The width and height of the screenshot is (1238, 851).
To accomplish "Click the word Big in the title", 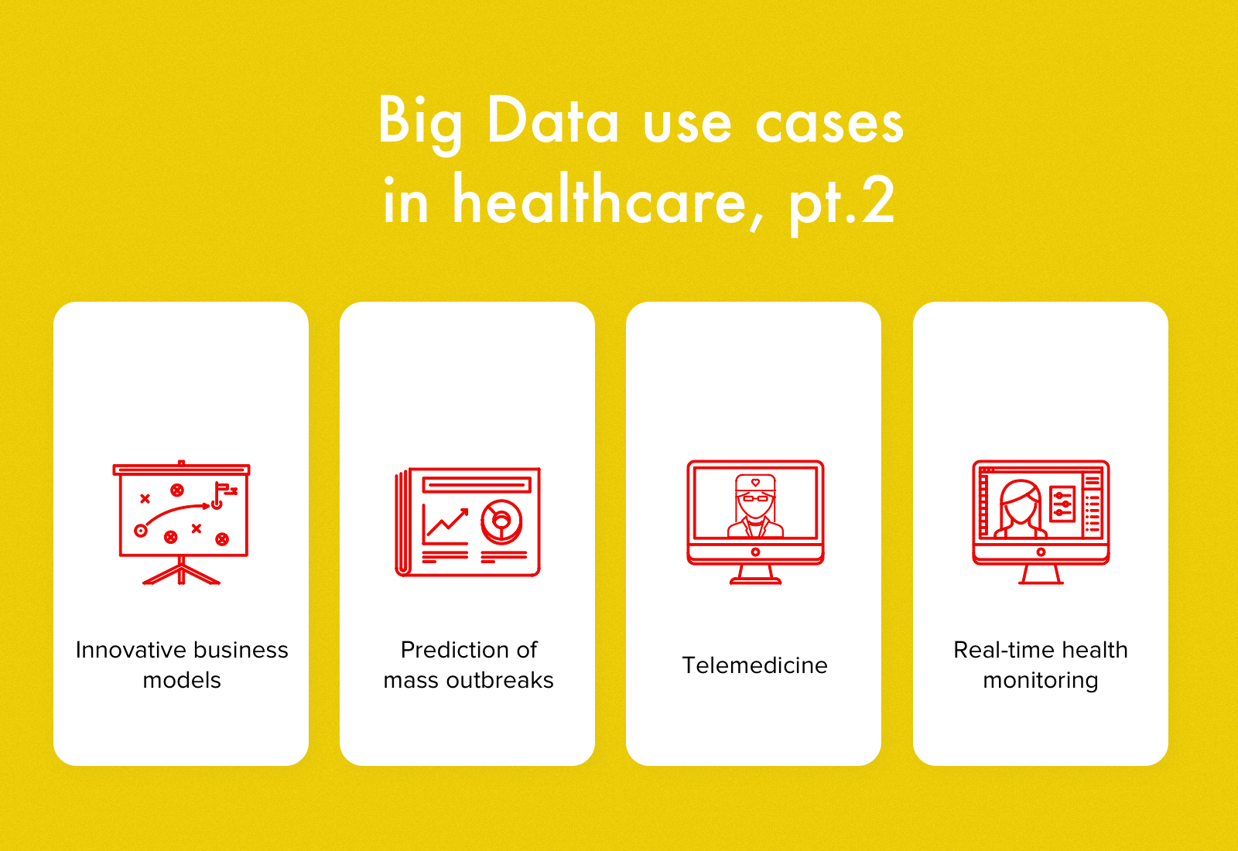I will (420, 122).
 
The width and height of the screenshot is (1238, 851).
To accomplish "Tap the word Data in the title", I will (553, 122).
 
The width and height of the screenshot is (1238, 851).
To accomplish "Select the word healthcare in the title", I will (600, 201).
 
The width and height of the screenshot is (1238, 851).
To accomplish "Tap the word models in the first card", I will (182, 680).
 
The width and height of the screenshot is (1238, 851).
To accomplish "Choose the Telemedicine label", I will (754, 665).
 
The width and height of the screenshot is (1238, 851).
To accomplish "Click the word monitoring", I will (1040, 681).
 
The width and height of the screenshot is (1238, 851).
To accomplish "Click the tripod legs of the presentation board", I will (182, 574).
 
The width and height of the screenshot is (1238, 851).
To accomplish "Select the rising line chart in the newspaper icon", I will (446, 525).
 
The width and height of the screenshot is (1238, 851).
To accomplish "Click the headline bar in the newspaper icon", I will (477, 485).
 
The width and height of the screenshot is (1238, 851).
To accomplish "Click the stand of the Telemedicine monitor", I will (755, 574).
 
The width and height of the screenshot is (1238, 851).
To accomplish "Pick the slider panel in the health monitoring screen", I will (1062, 504).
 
